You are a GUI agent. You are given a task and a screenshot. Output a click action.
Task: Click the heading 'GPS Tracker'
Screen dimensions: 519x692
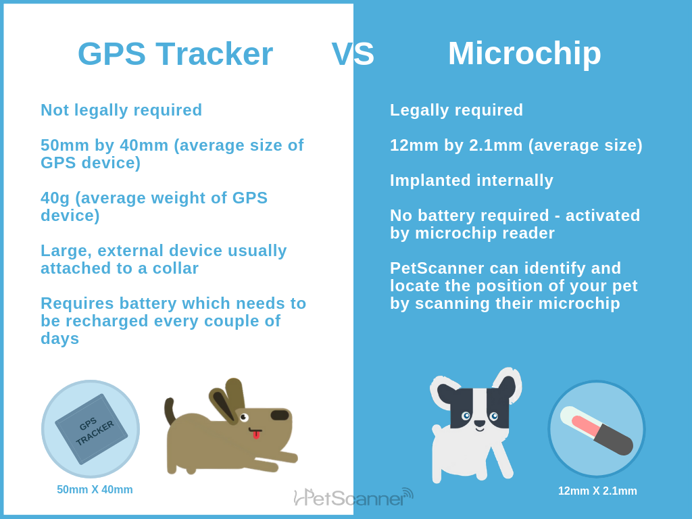175,54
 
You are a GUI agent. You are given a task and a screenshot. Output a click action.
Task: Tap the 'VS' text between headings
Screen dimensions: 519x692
353,54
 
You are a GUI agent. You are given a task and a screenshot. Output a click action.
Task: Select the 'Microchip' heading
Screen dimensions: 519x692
524,53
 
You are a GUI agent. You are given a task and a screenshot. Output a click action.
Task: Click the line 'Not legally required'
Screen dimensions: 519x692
122,110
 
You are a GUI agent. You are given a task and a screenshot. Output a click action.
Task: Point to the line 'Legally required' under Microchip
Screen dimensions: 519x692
456,110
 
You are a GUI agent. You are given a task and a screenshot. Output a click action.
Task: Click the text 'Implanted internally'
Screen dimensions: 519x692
472,180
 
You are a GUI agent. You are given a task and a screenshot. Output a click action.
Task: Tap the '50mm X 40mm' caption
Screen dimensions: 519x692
95,490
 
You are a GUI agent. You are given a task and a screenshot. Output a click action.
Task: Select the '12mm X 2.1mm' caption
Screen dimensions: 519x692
597,491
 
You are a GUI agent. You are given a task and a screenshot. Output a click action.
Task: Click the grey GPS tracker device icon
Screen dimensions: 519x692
91,430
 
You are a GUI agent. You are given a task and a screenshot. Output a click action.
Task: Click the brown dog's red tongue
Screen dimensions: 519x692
256,435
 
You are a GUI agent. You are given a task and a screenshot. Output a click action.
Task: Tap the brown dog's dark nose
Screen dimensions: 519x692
280,415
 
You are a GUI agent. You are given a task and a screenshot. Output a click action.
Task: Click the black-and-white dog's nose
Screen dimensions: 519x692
479,424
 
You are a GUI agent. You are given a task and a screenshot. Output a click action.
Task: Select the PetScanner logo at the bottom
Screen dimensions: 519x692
353,498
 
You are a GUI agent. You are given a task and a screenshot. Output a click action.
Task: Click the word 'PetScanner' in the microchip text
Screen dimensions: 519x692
437,268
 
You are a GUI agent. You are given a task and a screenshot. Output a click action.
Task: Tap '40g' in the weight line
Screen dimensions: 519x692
55,198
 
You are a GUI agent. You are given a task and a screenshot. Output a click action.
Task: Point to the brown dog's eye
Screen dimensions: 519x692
243,417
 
